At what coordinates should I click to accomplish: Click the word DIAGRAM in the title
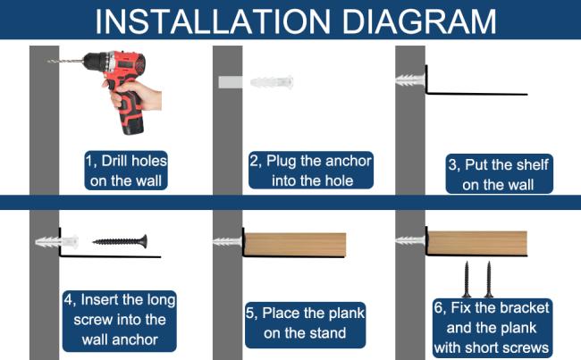(x=418, y=21)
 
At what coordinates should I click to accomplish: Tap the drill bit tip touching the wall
(x=49, y=61)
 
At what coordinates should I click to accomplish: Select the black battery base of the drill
(x=132, y=127)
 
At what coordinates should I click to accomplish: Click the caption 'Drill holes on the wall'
(x=126, y=171)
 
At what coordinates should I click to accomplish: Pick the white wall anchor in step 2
(x=272, y=82)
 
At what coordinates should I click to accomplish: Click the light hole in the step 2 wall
(x=230, y=82)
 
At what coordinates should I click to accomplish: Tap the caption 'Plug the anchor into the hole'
(x=311, y=171)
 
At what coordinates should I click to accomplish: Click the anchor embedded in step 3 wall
(x=410, y=80)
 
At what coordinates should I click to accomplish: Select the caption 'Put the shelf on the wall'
(x=499, y=174)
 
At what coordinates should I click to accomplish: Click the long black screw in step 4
(x=120, y=241)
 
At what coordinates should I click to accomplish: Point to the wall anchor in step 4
(x=56, y=242)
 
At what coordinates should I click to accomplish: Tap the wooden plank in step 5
(x=295, y=244)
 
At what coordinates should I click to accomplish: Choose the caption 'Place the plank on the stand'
(x=306, y=323)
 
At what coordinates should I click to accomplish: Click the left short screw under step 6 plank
(x=467, y=279)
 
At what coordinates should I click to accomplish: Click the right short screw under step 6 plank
(x=489, y=279)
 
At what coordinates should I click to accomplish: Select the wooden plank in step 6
(x=477, y=243)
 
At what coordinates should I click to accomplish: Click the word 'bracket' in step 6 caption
(x=525, y=308)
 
